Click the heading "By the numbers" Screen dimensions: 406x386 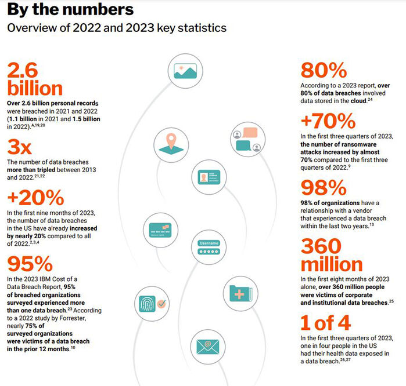coord(70,9)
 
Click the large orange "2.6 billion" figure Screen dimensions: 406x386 coord(35,79)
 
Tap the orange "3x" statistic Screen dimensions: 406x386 coord(19,147)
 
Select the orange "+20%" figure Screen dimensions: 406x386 coord(36,198)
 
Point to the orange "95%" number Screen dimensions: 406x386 coord(30,264)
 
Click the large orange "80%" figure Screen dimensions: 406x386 coord(324,70)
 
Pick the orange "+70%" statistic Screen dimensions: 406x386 coord(328,121)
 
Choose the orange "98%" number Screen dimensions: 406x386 coord(324,188)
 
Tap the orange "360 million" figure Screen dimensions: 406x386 coord(332,255)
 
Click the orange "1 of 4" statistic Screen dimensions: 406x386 coord(326,323)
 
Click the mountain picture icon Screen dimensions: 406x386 coord(185,71)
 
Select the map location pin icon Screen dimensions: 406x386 coord(171,145)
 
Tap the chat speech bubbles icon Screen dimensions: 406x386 coord(248,139)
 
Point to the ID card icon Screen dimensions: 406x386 coord(209,177)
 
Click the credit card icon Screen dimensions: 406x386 coord(160,230)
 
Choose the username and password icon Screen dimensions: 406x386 coord(209,247)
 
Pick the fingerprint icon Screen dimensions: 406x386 coord(152,304)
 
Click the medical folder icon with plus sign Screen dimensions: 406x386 coord(240,293)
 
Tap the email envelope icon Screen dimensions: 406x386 coord(208,347)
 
